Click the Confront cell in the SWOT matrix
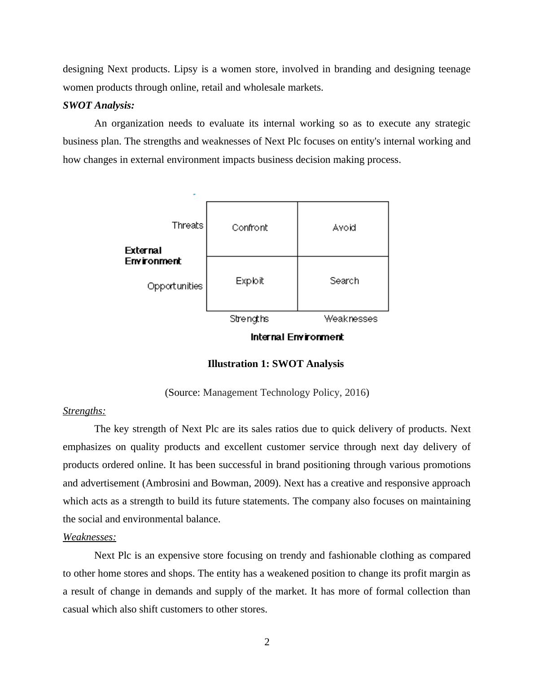tap(250, 228)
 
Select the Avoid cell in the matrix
tap(344, 228)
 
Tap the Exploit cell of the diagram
tap(250, 281)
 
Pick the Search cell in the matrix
tap(344, 281)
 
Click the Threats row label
tap(188, 225)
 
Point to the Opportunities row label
tap(175, 286)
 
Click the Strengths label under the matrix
tap(249, 319)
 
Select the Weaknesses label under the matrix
tap(350, 319)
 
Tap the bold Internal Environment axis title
tap(297, 337)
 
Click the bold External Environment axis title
tap(153, 256)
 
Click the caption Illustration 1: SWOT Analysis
tap(276, 364)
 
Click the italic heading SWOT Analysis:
tap(99, 105)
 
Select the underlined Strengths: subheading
tap(84, 411)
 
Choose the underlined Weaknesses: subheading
tap(89, 537)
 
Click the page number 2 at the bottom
tap(267, 642)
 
